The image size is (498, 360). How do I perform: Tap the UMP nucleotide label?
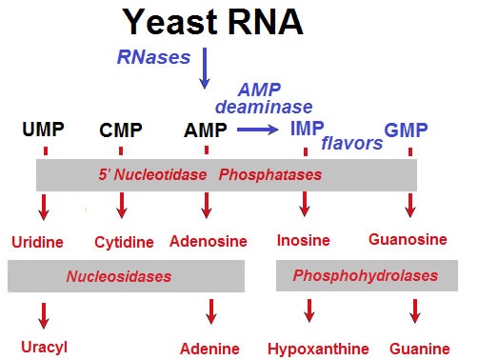(44, 130)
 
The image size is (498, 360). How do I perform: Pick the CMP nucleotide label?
(121, 130)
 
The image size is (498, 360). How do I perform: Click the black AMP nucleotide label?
(206, 130)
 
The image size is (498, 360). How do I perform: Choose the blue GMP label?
(407, 130)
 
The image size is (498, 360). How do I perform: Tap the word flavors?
(351, 144)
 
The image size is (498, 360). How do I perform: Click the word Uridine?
(38, 242)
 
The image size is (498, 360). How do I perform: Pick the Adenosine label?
(208, 241)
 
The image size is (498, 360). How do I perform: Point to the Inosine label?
(305, 241)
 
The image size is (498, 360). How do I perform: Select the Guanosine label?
(408, 241)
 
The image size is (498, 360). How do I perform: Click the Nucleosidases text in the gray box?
(119, 276)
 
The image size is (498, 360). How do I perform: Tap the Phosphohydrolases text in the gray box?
(366, 276)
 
